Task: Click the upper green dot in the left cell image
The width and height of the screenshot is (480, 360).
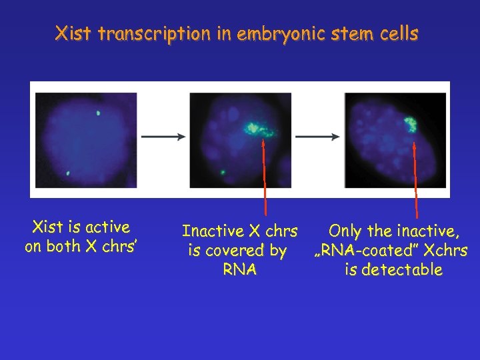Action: click(98, 113)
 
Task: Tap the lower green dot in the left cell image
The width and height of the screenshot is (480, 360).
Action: click(68, 173)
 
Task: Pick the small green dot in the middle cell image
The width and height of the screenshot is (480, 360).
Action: click(223, 173)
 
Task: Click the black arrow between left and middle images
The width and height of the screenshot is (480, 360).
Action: click(163, 137)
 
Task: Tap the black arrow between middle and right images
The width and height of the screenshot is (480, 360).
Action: click(317, 137)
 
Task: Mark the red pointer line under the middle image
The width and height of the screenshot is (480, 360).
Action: click(265, 177)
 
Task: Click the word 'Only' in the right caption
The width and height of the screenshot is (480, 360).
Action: click(346, 231)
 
